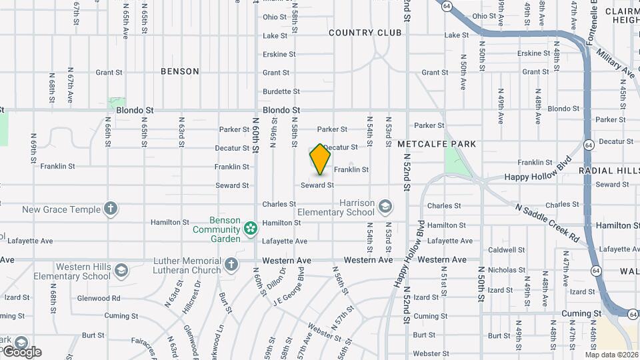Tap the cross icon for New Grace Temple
(111, 209)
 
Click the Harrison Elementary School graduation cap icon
(385, 207)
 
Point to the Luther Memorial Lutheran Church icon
(231, 265)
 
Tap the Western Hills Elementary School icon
(121, 271)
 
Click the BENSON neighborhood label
(180, 71)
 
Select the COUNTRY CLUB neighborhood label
(365, 33)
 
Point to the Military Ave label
(615, 64)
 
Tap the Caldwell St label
(506, 250)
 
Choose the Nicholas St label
(506, 270)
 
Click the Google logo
(22, 351)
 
